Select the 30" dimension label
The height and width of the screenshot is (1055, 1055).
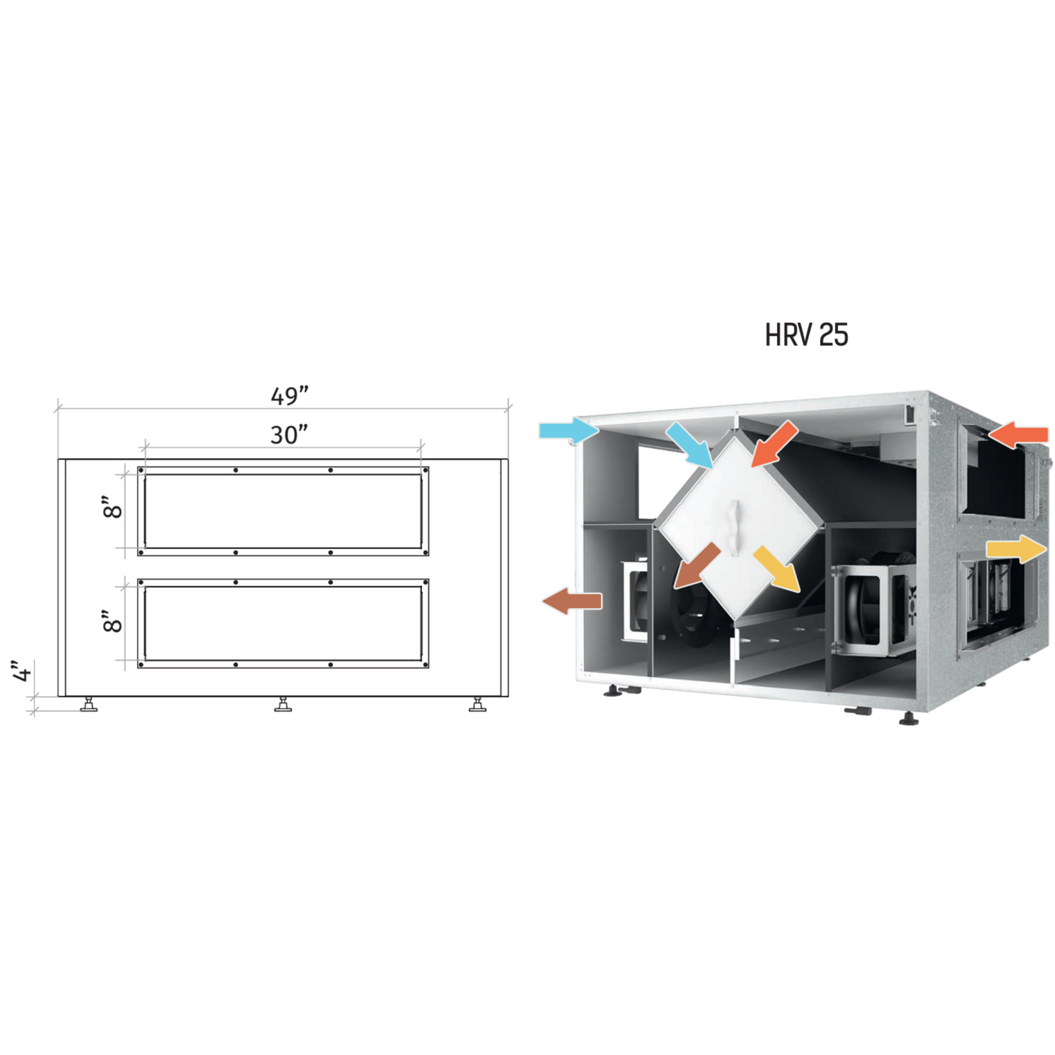[x=289, y=434]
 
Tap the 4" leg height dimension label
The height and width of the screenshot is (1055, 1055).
[x=23, y=672]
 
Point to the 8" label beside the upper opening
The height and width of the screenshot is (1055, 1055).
[x=112, y=507]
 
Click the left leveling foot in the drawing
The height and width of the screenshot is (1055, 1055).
[x=88, y=704]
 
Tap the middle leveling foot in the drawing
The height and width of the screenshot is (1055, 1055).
[x=283, y=704]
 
